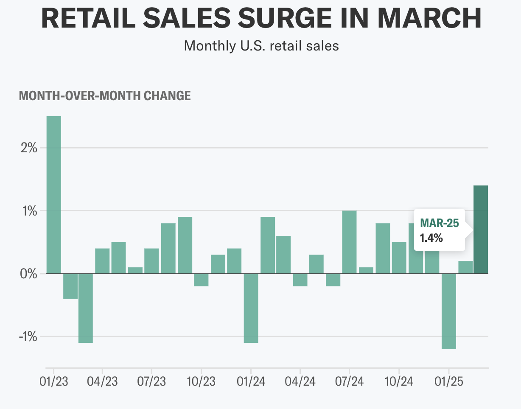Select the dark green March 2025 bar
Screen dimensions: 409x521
pyautogui.click(x=481, y=229)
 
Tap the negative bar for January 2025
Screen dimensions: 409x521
pyautogui.click(x=448, y=311)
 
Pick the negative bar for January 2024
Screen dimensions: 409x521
pyautogui.click(x=251, y=308)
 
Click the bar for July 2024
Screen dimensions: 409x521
pyautogui.click(x=349, y=242)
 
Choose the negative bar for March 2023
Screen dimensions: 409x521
pyautogui.click(x=86, y=308)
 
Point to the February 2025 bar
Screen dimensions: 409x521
pyautogui.click(x=465, y=267)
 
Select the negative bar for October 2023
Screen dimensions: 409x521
pyautogui.click(x=201, y=280)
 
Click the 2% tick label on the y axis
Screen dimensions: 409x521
pyautogui.click(x=28, y=148)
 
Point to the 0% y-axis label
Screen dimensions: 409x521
pyautogui.click(x=28, y=274)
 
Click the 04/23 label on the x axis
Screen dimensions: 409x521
pyautogui.click(x=102, y=381)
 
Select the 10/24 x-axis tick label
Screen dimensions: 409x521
pyautogui.click(x=399, y=381)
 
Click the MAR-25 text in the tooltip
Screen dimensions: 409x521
pyautogui.click(x=439, y=223)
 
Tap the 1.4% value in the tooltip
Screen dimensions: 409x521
pyautogui.click(x=431, y=238)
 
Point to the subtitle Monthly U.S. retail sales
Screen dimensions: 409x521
pyautogui.click(x=261, y=45)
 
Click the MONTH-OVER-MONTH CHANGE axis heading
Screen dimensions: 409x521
pyautogui.click(x=105, y=96)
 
